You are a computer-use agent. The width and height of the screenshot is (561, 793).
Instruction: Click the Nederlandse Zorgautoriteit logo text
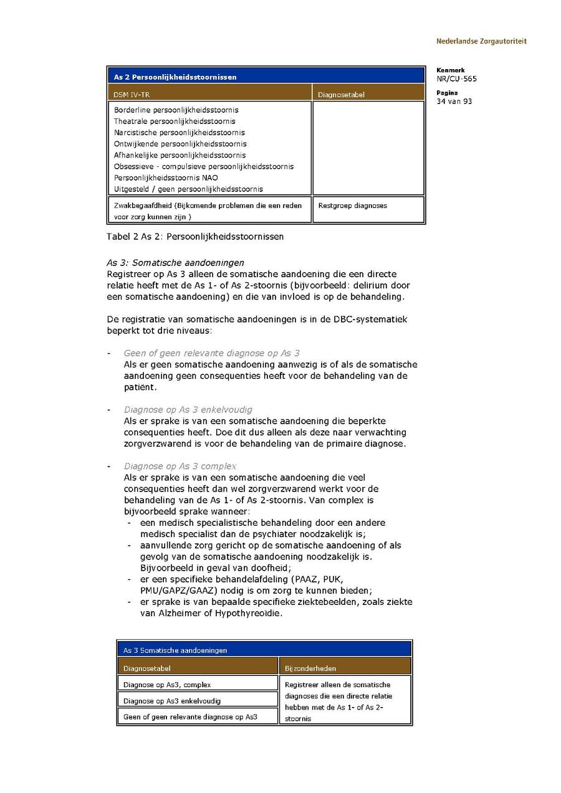pyautogui.click(x=481, y=41)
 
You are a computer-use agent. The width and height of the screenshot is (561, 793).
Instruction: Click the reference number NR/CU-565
pyautogui.click(x=457, y=79)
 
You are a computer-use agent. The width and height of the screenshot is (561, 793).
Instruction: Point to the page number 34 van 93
pyautogui.click(x=454, y=102)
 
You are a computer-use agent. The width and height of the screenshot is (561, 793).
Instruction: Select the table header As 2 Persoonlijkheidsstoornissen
pyautogui.click(x=175, y=77)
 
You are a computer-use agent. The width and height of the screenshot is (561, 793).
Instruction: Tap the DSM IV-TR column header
pyautogui.click(x=132, y=95)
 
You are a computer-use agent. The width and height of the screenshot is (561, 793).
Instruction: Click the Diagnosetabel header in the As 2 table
pyautogui.click(x=341, y=95)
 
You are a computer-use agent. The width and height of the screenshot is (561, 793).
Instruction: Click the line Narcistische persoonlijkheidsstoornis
pyautogui.click(x=180, y=133)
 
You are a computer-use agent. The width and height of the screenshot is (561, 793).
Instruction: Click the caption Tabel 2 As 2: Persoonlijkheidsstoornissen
pyautogui.click(x=195, y=237)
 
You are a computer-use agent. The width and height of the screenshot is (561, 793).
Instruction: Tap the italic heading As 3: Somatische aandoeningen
pyautogui.click(x=176, y=263)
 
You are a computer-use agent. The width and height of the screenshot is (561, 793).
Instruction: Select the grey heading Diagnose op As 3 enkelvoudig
pyautogui.click(x=188, y=410)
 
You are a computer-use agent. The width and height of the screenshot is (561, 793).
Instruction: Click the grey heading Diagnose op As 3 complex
pyautogui.click(x=180, y=466)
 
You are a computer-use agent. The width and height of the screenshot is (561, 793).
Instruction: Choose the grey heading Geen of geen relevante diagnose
pyautogui.click(x=212, y=353)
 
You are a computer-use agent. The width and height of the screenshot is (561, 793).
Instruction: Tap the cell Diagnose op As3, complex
pyautogui.click(x=167, y=685)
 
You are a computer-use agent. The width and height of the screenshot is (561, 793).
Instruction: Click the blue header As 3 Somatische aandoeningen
pyautogui.click(x=175, y=650)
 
